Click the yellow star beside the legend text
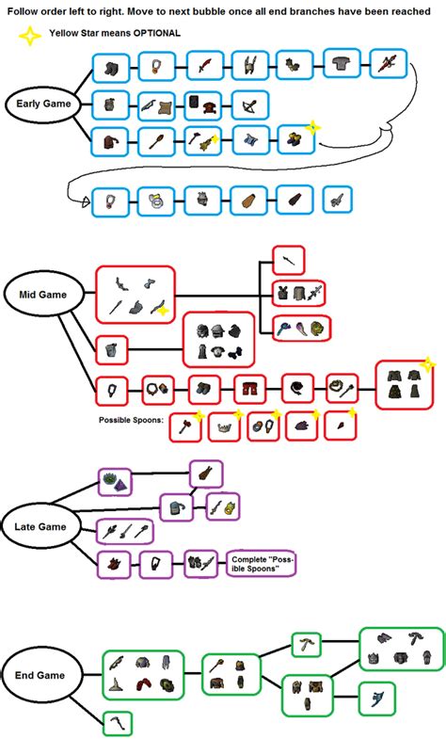click(31, 35)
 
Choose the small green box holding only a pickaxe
click(307, 644)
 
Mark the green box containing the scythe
click(118, 722)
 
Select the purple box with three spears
click(124, 531)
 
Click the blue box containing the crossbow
click(249, 104)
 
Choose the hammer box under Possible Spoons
click(184, 427)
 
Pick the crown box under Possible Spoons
click(224, 427)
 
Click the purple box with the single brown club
click(205, 473)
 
